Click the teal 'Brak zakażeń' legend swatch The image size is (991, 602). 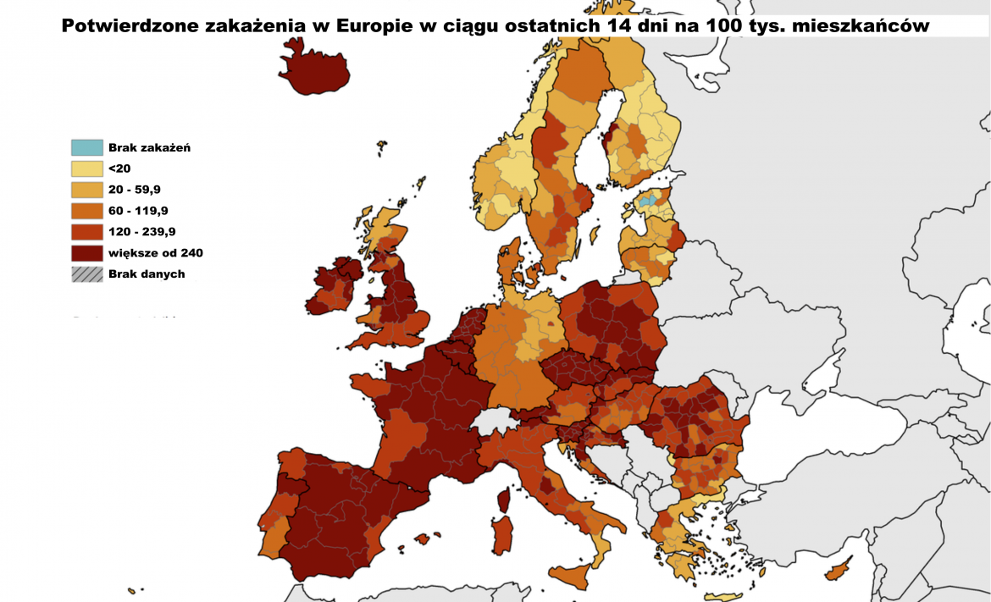[86, 147]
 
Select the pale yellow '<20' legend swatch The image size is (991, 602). [86, 168]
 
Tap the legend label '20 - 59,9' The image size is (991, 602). [135, 190]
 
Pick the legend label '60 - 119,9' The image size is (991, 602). [138, 211]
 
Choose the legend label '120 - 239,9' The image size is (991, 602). [141, 231]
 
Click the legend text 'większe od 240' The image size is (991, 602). [155, 252]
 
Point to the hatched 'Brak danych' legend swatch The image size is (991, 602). [86, 273]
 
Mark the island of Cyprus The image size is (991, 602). [839, 572]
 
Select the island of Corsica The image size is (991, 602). [504, 499]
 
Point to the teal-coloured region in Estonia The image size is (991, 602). [647, 202]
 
